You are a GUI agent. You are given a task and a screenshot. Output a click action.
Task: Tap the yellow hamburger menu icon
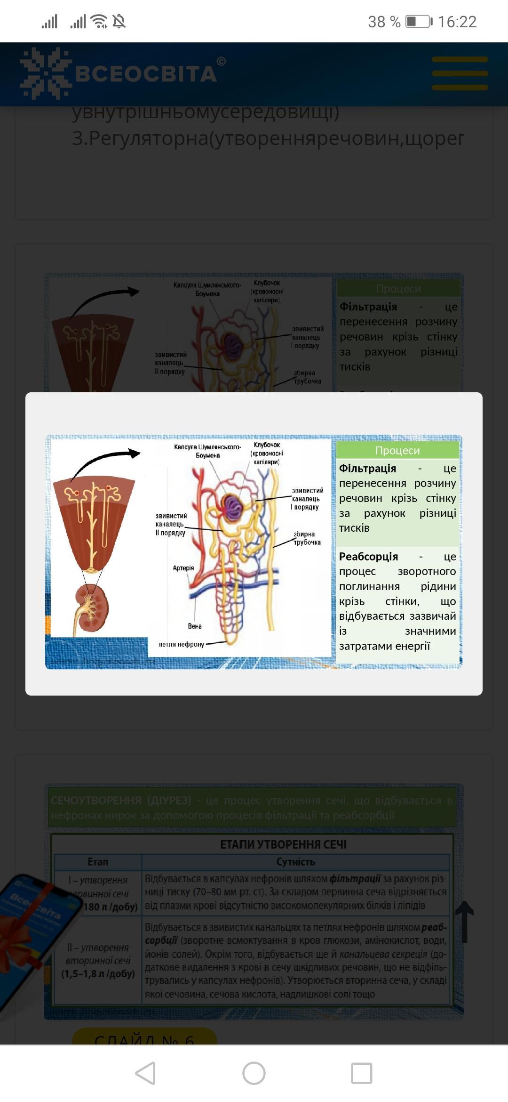[x=460, y=73]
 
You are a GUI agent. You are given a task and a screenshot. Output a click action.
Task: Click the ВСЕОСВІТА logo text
[x=146, y=74]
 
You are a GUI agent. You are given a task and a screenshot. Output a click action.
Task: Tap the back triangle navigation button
[x=145, y=1073]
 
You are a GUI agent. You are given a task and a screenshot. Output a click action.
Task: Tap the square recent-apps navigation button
[x=362, y=1073]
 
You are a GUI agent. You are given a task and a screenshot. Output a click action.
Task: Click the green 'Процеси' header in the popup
[x=397, y=450]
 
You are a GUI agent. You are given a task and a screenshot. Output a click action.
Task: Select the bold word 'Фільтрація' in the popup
[x=368, y=469]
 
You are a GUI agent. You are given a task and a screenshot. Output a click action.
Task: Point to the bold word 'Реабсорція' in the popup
[x=369, y=557]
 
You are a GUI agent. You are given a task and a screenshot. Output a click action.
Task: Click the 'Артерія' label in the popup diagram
[x=183, y=568]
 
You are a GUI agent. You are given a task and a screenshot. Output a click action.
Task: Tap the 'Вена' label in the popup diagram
[x=195, y=626]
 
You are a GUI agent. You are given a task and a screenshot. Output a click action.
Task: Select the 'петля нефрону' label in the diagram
[x=182, y=644]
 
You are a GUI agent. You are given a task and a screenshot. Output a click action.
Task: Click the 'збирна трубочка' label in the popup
[x=307, y=538]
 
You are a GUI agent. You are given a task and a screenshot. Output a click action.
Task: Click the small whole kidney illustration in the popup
[x=92, y=608]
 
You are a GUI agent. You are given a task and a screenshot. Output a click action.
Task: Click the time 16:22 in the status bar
[x=457, y=22]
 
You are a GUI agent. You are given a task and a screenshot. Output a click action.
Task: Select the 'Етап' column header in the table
[x=98, y=862]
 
